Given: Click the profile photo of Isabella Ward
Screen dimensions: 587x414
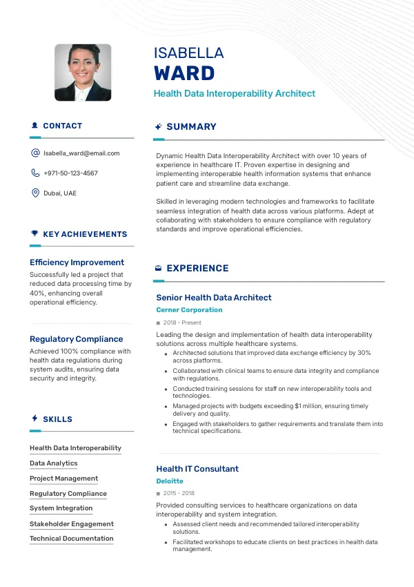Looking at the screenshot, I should pos(83,73).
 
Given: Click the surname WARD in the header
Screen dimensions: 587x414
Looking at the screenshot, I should pos(184,73).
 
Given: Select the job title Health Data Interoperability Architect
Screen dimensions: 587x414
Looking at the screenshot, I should pos(234,93).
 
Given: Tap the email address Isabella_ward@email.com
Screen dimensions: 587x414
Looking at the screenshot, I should pos(81,153).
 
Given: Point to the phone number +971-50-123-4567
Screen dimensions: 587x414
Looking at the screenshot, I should pos(70,173).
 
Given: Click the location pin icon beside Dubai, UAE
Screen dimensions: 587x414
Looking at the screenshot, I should pos(35,193).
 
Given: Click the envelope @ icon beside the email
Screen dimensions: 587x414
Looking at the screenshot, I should pos(35,153).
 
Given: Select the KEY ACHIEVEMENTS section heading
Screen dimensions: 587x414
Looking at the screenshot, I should pos(85,234).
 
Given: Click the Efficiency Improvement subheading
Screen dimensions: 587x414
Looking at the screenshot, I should pos(77,262).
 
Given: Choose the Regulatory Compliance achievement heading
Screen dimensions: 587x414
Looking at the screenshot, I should pos(76,339).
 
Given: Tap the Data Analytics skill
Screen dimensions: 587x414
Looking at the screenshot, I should pos(53,463).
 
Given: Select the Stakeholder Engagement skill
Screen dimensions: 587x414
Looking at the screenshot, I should pos(72,524).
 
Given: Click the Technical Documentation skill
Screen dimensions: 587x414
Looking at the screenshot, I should pos(72,539).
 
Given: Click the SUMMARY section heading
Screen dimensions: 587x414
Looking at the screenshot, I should pos(191,127).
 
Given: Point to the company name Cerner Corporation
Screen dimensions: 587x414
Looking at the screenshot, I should pos(189,310).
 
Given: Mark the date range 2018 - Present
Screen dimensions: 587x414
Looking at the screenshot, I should pos(182,323).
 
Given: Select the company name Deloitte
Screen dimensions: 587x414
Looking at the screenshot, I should pos(170,481).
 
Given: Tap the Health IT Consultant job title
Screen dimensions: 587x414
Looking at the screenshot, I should pos(197,469).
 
